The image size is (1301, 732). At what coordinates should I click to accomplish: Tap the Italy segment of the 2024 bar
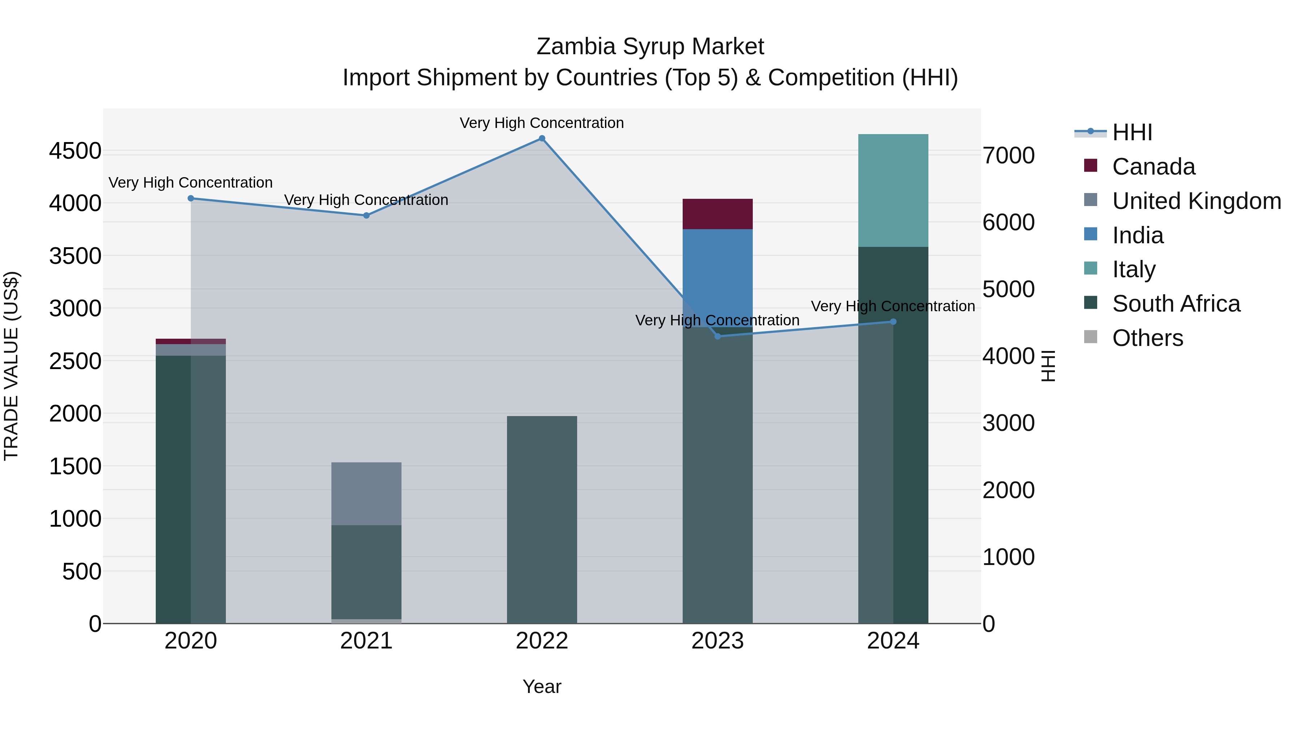tap(893, 191)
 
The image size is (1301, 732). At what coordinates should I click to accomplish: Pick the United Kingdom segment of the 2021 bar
tap(366, 493)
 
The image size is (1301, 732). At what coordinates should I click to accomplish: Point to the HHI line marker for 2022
tap(542, 138)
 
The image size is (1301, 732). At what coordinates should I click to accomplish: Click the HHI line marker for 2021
tap(366, 216)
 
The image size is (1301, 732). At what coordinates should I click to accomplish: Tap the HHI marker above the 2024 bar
tap(893, 322)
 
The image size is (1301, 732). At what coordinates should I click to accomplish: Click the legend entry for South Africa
tap(1176, 304)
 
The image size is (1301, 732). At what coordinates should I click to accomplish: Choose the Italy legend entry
tap(1133, 269)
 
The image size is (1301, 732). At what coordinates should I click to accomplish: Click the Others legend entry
tap(1147, 338)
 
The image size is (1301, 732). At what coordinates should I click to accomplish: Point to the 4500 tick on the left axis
tap(75, 151)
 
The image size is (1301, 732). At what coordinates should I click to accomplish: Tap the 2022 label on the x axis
tap(542, 641)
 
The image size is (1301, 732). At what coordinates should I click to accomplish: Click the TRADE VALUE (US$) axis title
tap(11, 366)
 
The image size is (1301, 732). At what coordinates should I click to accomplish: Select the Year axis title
tap(542, 686)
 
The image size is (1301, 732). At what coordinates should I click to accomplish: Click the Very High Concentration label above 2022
tap(542, 123)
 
